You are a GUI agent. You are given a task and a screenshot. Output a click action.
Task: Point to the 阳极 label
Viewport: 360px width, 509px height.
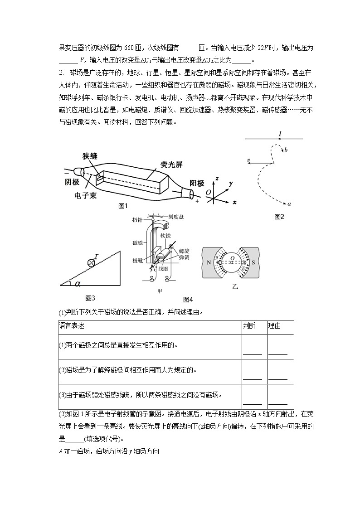click(x=197, y=183)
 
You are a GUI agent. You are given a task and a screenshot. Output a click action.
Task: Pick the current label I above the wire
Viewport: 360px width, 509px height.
click(x=280, y=132)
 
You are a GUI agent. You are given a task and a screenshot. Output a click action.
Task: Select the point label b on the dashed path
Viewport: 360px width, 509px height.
click(x=286, y=149)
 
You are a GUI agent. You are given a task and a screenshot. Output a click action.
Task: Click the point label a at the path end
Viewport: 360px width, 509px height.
click(x=289, y=204)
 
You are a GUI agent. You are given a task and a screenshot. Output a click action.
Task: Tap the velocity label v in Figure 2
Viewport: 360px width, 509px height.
click(x=249, y=160)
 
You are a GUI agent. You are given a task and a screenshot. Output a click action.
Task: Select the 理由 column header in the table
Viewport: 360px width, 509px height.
click(x=274, y=326)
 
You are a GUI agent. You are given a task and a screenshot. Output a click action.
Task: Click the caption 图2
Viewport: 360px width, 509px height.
click(x=279, y=217)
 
